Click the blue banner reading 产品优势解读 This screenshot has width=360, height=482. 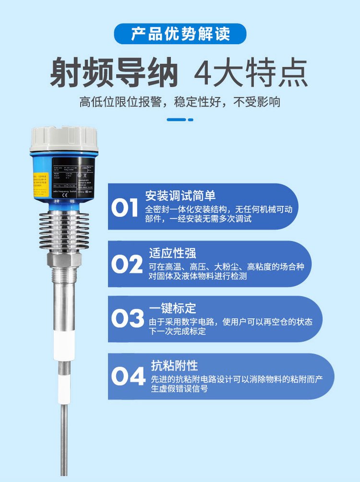pos(180,34)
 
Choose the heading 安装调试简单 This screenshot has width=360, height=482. pos(180,196)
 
